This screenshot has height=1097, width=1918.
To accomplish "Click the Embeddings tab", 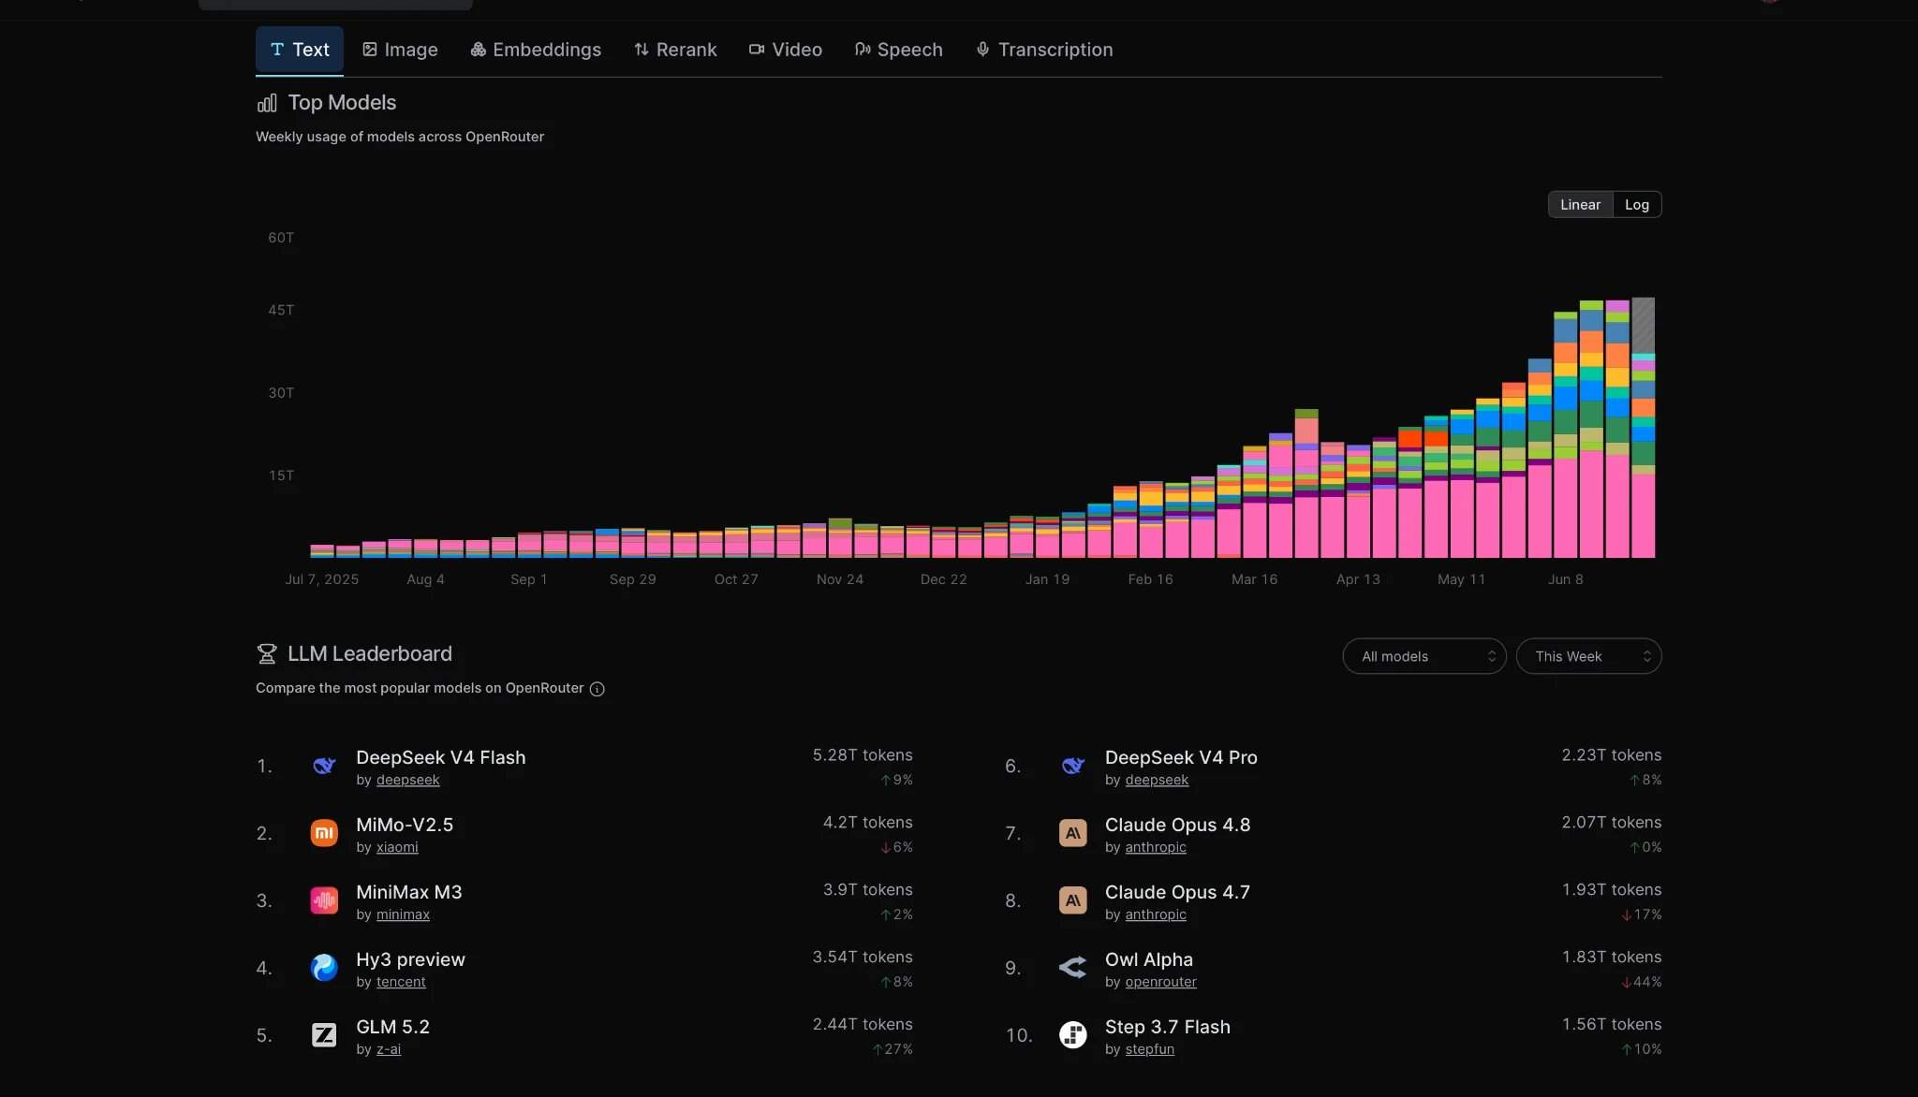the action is click(x=536, y=50).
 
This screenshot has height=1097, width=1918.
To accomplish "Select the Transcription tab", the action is click(x=1044, y=50).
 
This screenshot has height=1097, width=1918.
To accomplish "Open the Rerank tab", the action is click(x=675, y=50).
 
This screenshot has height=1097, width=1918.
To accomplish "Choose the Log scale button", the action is click(x=1637, y=205).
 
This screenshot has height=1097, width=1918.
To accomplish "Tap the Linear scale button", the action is click(x=1580, y=205).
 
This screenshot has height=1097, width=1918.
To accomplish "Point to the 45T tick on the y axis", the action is click(x=281, y=310).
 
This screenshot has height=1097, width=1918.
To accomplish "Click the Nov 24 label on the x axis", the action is click(x=840, y=579).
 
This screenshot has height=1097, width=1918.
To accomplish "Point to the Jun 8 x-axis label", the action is click(x=1566, y=579).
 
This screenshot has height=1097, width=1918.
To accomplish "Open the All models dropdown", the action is click(x=1424, y=656).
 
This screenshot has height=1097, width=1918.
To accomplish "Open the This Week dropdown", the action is click(x=1589, y=656).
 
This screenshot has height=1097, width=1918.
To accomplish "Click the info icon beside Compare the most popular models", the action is click(x=598, y=689).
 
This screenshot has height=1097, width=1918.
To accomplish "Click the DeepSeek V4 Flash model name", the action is click(x=441, y=757).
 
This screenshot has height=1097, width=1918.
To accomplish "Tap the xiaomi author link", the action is click(x=397, y=847).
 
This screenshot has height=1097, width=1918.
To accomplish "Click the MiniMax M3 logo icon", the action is click(x=324, y=900).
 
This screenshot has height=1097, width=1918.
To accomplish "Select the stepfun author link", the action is click(x=1150, y=1049).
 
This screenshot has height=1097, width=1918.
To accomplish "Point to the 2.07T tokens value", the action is click(x=1612, y=822).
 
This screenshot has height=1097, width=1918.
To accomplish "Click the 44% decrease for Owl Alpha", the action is click(x=1642, y=982).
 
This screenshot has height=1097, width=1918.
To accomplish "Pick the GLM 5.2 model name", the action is click(x=393, y=1027).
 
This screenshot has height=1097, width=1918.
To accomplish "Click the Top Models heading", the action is click(x=342, y=103).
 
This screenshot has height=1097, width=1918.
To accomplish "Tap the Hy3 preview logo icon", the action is click(x=324, y=968).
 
